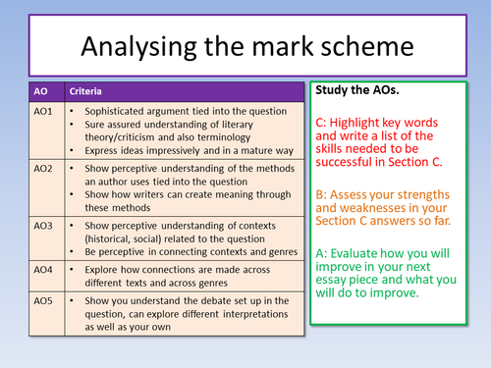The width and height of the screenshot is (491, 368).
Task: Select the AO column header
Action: click(40, 91)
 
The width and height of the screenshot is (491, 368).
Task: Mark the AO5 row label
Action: click(44, 299)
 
